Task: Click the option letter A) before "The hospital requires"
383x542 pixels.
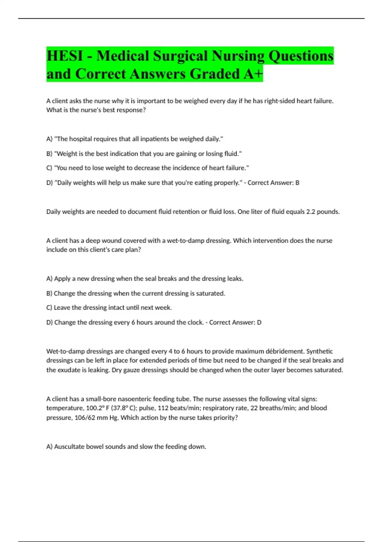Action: pos(49,139)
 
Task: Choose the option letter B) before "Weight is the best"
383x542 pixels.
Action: pos(49,154)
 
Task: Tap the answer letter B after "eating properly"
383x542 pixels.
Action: pos(297,183)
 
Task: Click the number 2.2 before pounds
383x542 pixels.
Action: pos(311,212)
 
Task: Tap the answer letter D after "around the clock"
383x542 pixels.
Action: pos(259,322)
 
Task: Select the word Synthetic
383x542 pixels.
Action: pos(319,351)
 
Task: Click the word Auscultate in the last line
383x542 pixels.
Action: pos(69,447)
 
